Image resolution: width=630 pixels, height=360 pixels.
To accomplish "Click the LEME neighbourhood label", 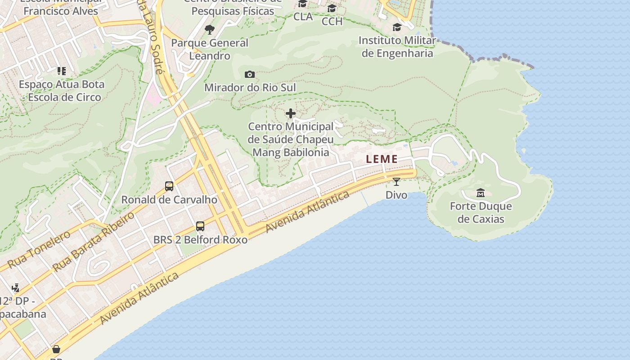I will click(382, 159).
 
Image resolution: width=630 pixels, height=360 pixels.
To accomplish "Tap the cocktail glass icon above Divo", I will click(396, 182).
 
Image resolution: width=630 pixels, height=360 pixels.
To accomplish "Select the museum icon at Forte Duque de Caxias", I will click(481, 193).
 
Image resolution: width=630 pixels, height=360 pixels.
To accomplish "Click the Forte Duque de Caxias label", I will click(481, 213).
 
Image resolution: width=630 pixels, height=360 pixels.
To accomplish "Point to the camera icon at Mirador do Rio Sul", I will click(249, 74).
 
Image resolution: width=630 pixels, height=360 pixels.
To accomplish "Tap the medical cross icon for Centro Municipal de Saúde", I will click(291, 113).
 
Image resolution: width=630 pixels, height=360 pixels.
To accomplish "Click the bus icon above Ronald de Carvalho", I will click(169, 186).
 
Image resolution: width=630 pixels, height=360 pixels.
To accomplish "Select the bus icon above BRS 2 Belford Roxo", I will click(200, 226).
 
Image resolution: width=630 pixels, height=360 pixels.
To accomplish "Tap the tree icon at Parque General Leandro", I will click(209, 30).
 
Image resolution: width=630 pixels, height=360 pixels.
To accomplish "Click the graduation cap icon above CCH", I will click(332, 8).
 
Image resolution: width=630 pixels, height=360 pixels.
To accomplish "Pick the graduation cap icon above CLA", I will click(302, 4).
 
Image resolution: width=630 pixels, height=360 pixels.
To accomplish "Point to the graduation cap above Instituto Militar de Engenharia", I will click(397, 27).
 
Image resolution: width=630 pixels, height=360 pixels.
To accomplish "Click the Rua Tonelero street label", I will click(39, 249).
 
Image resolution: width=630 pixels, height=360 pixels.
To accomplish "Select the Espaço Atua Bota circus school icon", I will click(61, 71).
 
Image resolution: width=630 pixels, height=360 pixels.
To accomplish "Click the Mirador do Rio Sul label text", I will click(250, 87).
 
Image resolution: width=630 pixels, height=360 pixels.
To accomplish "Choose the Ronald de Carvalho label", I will click(169, 199).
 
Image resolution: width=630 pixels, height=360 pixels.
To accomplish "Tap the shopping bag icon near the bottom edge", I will click(56, 349).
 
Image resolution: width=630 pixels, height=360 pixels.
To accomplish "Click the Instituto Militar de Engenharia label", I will click(397, 47).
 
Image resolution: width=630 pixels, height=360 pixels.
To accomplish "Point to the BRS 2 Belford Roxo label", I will click(200, 239).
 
